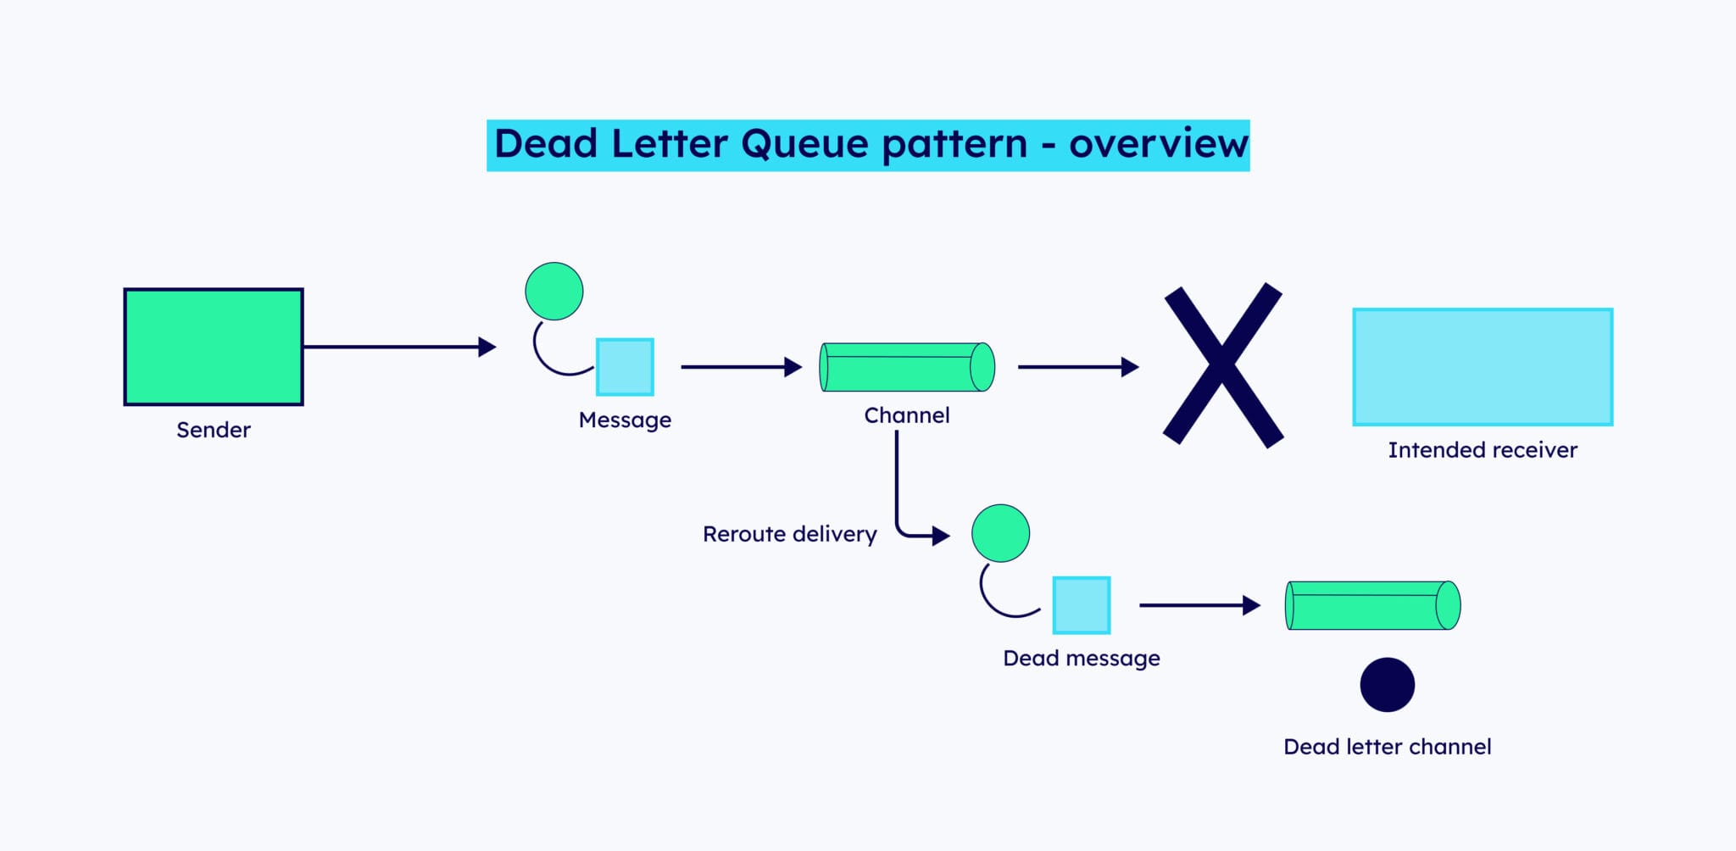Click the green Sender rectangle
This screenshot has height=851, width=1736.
pyautogui.click(x=214, y=347)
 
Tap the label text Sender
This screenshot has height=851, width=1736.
pyautogui.click(x=214, y=430)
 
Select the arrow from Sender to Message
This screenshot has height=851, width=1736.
pyautogui.click(x=398, y=347)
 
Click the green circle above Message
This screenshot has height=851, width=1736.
pyautogui.click(x=554, y=291)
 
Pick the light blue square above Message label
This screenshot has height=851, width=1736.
pyautogui.click(x=625, y=367)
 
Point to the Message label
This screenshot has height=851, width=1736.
pyautogui.click(x=625, y=420)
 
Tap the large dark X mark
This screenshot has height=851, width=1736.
pyautogui.click(x=1222, y=364)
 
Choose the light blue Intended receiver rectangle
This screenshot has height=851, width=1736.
pyautogui.click(x=1483, y=367)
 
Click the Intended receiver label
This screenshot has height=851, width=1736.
pyautogui.click(x=1483, y=450)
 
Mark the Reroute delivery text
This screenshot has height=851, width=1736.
pyautogui.click(x=789, y=534)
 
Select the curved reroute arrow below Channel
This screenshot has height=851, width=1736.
pyautogui.click(x=899, y=500)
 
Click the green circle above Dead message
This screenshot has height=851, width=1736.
pyautogui.click(x=1000, y=533)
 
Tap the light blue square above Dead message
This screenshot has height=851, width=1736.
pyautogui.click(x=1081, y=605)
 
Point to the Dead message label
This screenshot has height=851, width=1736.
pyautogui.click(x=1081, y=659)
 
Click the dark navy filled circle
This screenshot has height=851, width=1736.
pyautogui.click(x=1387, y=685)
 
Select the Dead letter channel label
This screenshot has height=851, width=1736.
pyautogui.click(x=1387, y=747)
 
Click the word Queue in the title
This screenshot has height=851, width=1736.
pyautogui.click(x=804, y=144)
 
